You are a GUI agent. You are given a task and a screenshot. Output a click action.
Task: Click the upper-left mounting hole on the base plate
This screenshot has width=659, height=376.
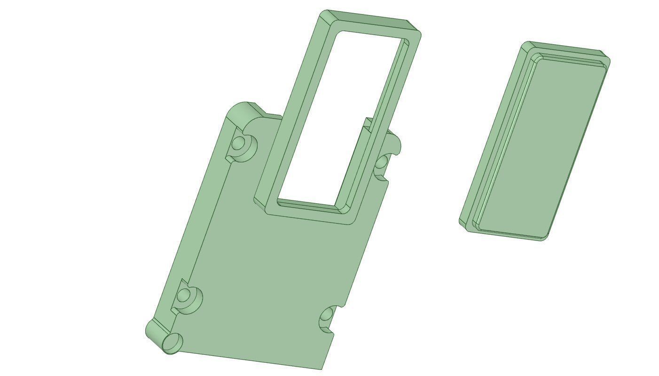click(239, 142)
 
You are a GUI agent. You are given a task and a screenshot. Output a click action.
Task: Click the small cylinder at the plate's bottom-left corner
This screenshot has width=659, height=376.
click(172, 343)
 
